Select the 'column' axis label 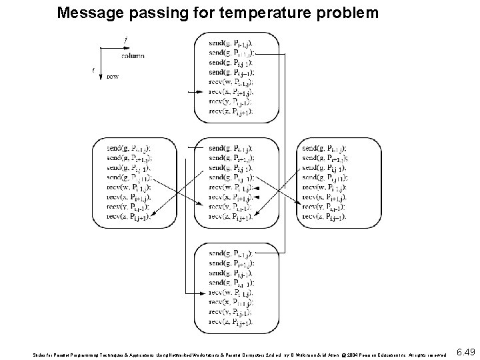pyautogui.click(x=133, y=55)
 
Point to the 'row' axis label pyautogui.click(x=113, y=76)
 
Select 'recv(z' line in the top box pyautogui.click(x=231, y=111)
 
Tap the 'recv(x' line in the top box pyautogui.click(x=231, y=91)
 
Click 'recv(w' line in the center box pyautogui.click(x=231, y=187)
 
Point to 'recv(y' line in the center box pyautogui.click(x=231, y=207)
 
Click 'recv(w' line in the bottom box pyautogui.click(x=231, y=293)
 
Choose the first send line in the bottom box pyautogui.click(x=231, y=254)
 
